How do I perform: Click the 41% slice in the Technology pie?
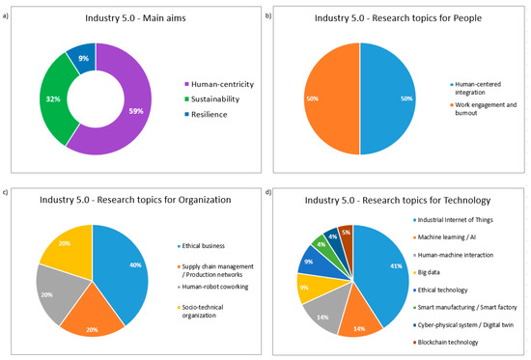coord(390,276)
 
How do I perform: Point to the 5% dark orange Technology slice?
coord(344,233)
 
